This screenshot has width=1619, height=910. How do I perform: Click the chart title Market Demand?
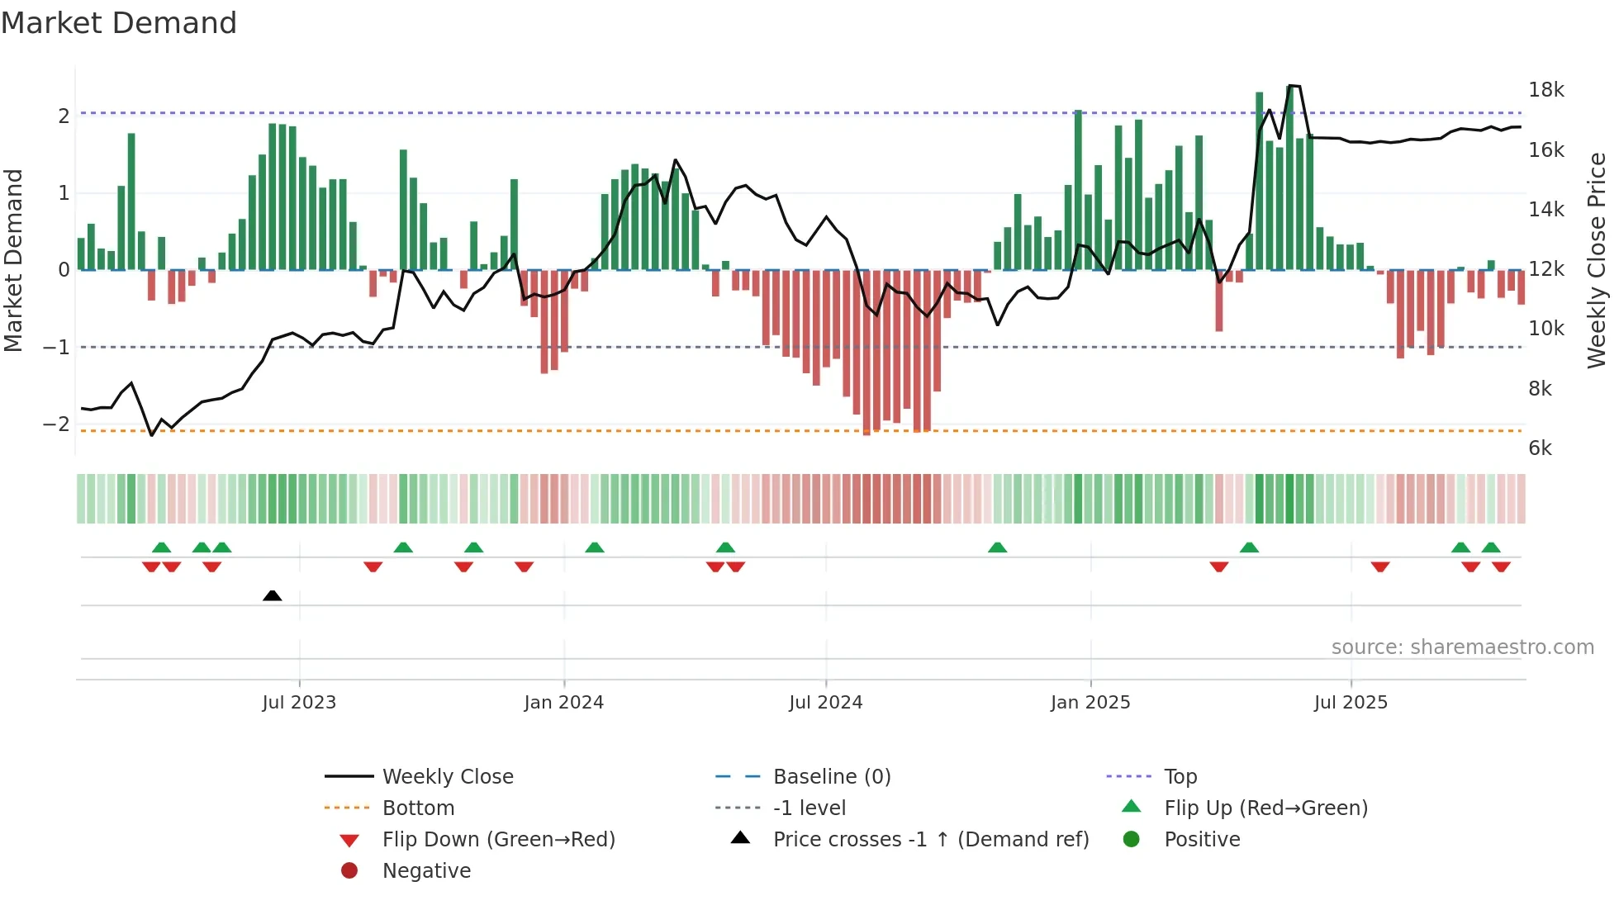point(119,23)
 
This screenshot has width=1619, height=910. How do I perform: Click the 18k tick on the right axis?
point(1545,90)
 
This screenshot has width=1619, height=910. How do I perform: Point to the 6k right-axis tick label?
point(1540,448)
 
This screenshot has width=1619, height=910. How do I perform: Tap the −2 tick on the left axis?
point(56,424)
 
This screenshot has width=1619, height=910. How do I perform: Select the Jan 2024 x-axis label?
point(563,703)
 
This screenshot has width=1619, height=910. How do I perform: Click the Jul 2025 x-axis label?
point(1351,703)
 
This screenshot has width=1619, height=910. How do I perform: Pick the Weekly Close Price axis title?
point(1597,260)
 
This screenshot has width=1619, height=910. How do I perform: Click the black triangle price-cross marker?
point(272,595)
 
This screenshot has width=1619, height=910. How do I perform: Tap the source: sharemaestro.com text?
point(1462,647)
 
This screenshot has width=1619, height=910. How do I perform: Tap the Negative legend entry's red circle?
point(349,871)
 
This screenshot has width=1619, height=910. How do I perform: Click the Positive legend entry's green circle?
point(1132,840)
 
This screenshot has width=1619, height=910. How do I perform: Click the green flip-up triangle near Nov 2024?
point(997,547)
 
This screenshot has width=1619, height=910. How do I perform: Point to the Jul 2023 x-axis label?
point(299,703)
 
